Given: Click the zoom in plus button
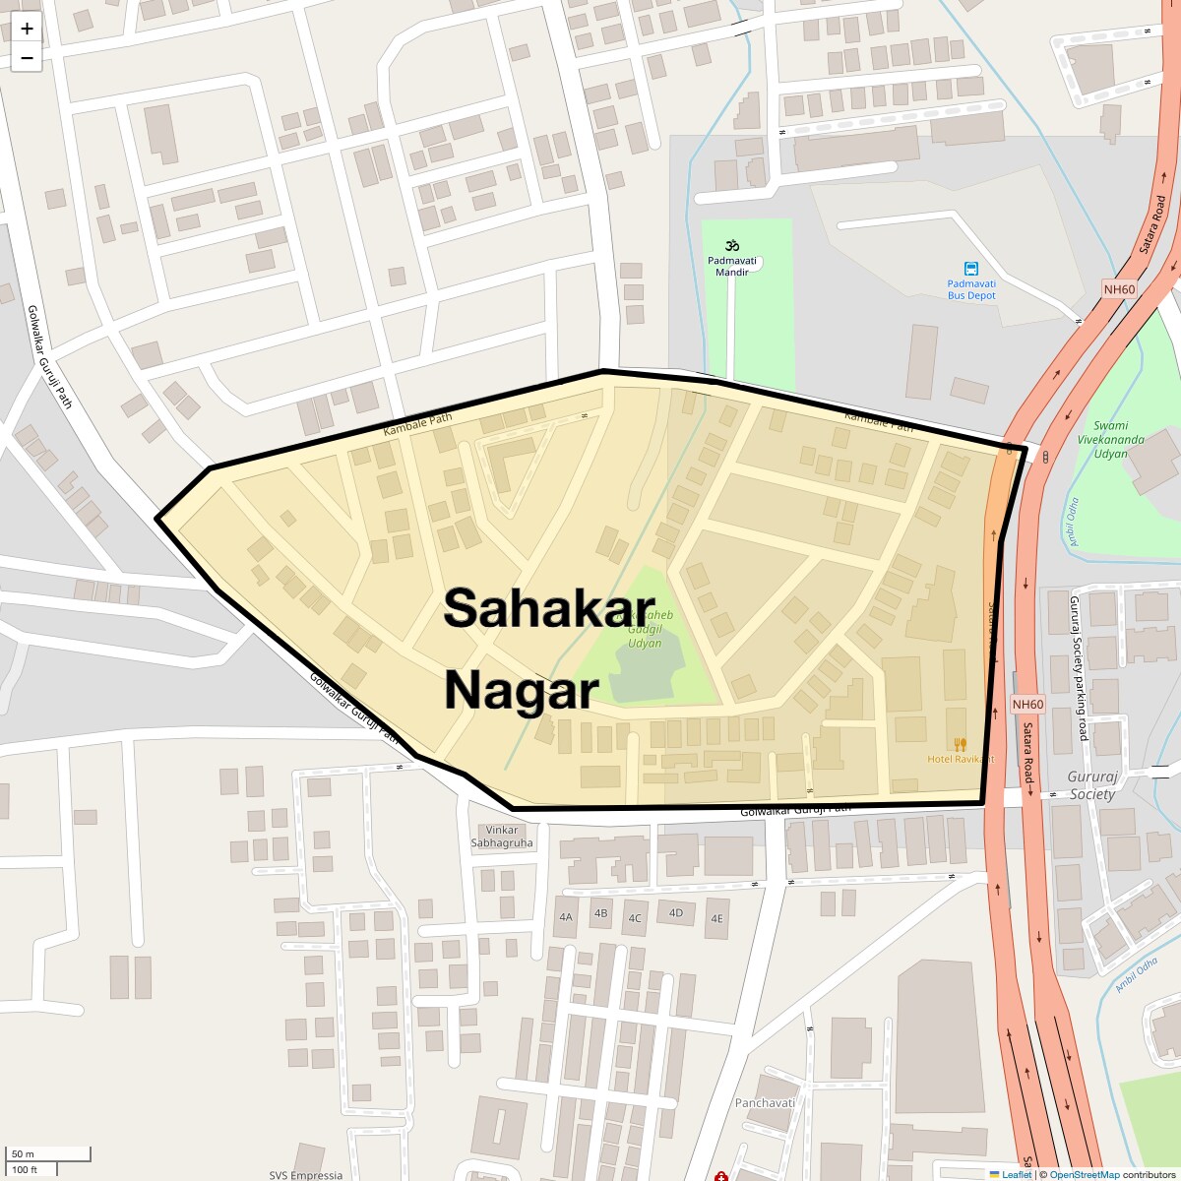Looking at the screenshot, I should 27,28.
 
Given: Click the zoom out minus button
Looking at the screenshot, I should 27,58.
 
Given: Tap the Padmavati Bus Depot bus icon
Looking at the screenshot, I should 971,269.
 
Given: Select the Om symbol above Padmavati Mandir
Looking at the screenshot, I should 731,245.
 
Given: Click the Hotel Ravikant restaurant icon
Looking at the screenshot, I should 960,745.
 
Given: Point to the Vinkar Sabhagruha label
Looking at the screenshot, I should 502,836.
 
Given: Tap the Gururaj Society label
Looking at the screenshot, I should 1092,785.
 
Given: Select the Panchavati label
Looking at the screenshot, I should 765,1102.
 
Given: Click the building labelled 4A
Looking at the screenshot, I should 566,916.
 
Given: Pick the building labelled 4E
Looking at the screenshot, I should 717,918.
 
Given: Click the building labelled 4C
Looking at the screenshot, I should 635,918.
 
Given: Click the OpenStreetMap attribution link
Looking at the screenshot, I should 1084,1174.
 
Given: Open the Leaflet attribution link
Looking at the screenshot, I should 1016,1174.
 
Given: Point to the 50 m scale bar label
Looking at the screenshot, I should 23,1153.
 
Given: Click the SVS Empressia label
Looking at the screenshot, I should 306,1174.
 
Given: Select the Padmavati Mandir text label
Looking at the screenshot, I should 732,266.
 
